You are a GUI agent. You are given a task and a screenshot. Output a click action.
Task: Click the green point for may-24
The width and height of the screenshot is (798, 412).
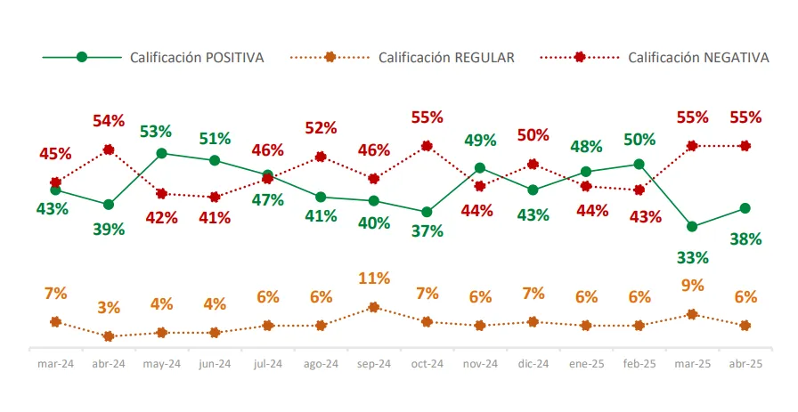(x=161, y=153)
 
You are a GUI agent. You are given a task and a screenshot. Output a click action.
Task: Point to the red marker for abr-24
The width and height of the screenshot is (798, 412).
(x=109, y=149)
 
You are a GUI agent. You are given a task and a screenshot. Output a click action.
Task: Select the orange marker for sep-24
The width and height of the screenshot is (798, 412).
(x=373, y=307)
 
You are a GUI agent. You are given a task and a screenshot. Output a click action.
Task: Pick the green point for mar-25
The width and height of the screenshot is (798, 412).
(x=692, y=226)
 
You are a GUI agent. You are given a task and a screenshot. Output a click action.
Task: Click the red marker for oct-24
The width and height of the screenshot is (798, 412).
(x=427, y=146)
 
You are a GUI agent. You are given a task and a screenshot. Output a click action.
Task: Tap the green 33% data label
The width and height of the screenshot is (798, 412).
(x=692, y=258)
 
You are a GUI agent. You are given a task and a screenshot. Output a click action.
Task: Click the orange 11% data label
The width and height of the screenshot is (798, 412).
(x=373, y=279)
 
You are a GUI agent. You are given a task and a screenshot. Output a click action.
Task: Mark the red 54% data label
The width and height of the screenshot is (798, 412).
(x=109, y=121)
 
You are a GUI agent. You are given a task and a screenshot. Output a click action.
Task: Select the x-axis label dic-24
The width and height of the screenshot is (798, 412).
(x=533, y=364)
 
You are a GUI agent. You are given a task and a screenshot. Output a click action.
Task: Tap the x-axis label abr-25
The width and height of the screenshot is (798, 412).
(x=745, y=364)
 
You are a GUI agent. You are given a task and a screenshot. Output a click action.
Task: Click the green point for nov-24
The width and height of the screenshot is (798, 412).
(x=479, y=168)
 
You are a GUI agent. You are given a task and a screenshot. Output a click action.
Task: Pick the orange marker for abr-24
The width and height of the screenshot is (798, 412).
(x=109, y=336)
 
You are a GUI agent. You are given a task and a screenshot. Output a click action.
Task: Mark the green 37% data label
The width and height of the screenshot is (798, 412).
(x=427, y=231)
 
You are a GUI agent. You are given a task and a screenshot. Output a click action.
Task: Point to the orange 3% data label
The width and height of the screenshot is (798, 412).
(x=109, y=308)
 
